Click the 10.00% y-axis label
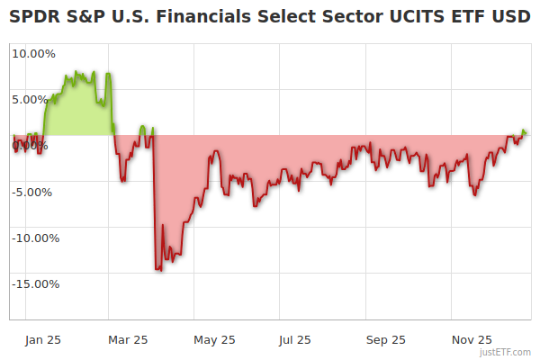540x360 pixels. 33,53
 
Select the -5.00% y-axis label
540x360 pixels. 35,192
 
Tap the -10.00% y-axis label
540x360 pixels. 35,238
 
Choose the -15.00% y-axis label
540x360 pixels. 35,284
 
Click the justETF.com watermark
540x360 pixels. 509,352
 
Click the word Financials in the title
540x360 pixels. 171,17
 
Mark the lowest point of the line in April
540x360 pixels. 157,269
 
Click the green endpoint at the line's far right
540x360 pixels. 525,132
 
